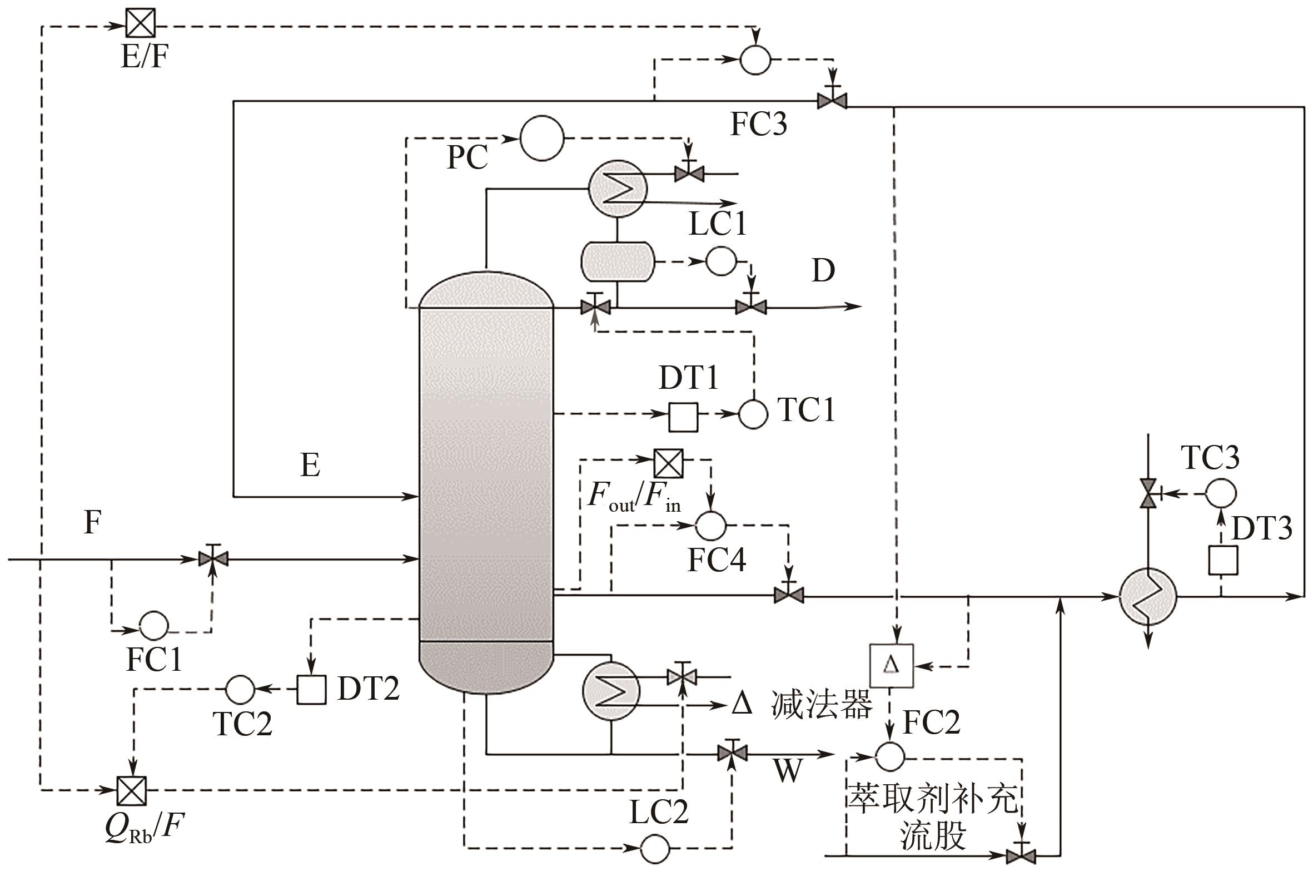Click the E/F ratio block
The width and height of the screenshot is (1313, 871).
click(140, 23)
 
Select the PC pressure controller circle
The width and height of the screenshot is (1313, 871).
click(541, 138)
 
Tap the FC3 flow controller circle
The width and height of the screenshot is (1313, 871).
click(755, 60)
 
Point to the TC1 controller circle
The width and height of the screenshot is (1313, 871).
click(753, 414)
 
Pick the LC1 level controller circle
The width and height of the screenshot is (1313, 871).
click(720, 261)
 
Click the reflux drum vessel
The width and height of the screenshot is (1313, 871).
click(617, 261)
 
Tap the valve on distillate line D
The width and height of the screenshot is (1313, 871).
click(751, 306)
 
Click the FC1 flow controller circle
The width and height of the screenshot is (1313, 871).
click(153, 626)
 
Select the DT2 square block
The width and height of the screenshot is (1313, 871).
click(311, 690)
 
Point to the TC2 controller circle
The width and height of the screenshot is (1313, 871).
click(240, 689)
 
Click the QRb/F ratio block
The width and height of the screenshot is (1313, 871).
click(132, 790)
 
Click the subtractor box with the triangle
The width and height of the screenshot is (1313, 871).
click(891, 665)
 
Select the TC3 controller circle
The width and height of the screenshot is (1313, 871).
click(1221, 493)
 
